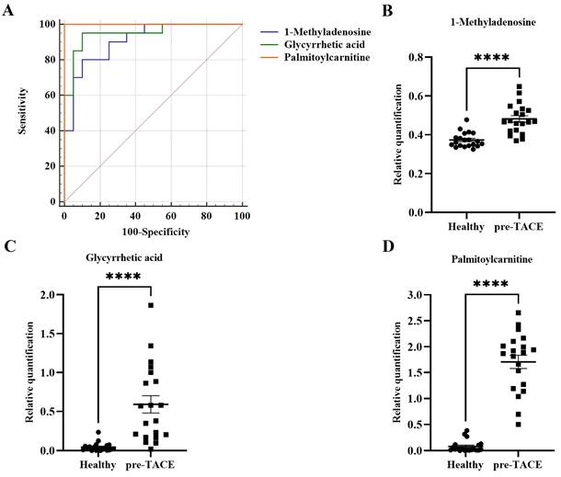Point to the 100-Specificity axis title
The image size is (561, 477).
[152, 232]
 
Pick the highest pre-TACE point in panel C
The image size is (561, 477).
[151, 305]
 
